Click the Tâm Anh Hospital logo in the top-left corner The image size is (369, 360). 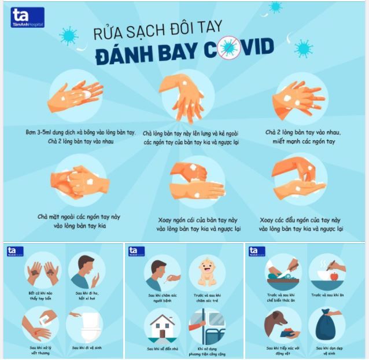27,17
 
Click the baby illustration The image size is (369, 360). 207,270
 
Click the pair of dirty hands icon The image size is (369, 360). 43,270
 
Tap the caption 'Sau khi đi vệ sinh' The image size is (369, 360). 87,348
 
